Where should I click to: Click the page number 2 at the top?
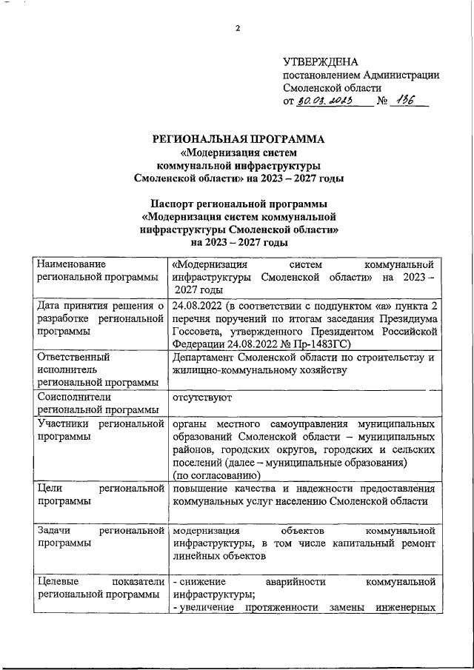[238, 28]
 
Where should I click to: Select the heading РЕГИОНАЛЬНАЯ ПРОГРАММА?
[238, 139]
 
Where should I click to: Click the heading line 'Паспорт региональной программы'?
[238, 204]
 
